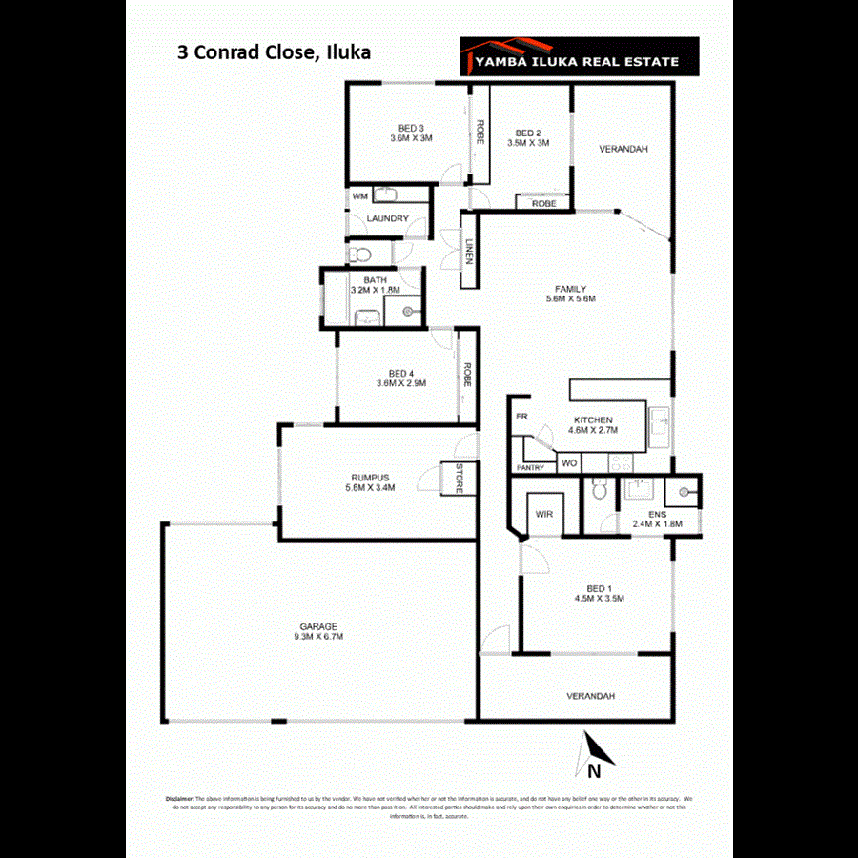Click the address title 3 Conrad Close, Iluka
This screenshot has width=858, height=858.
click(x=274, y=52)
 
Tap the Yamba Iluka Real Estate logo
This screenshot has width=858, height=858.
click(x=579, y=57)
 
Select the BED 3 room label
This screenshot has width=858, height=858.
click(x=411, y=129)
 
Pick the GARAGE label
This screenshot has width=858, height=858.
click(x=319, y=626)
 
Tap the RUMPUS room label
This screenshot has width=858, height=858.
click(x=370, y=477)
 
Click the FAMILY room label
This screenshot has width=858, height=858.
click(x=570, y=289)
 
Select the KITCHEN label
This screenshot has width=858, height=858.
click(x=593, y=419)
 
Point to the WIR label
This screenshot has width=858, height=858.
click(x=544, y=514)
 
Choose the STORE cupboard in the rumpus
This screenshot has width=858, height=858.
click(x=459, y=479)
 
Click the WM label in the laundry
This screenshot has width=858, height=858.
click(x=359, y=195)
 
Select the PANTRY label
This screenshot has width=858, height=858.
click(x=529, y=467)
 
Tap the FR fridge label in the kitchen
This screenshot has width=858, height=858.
click(x=521, y=418)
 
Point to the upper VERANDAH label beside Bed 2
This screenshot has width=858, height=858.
click(x=623, y=149)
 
